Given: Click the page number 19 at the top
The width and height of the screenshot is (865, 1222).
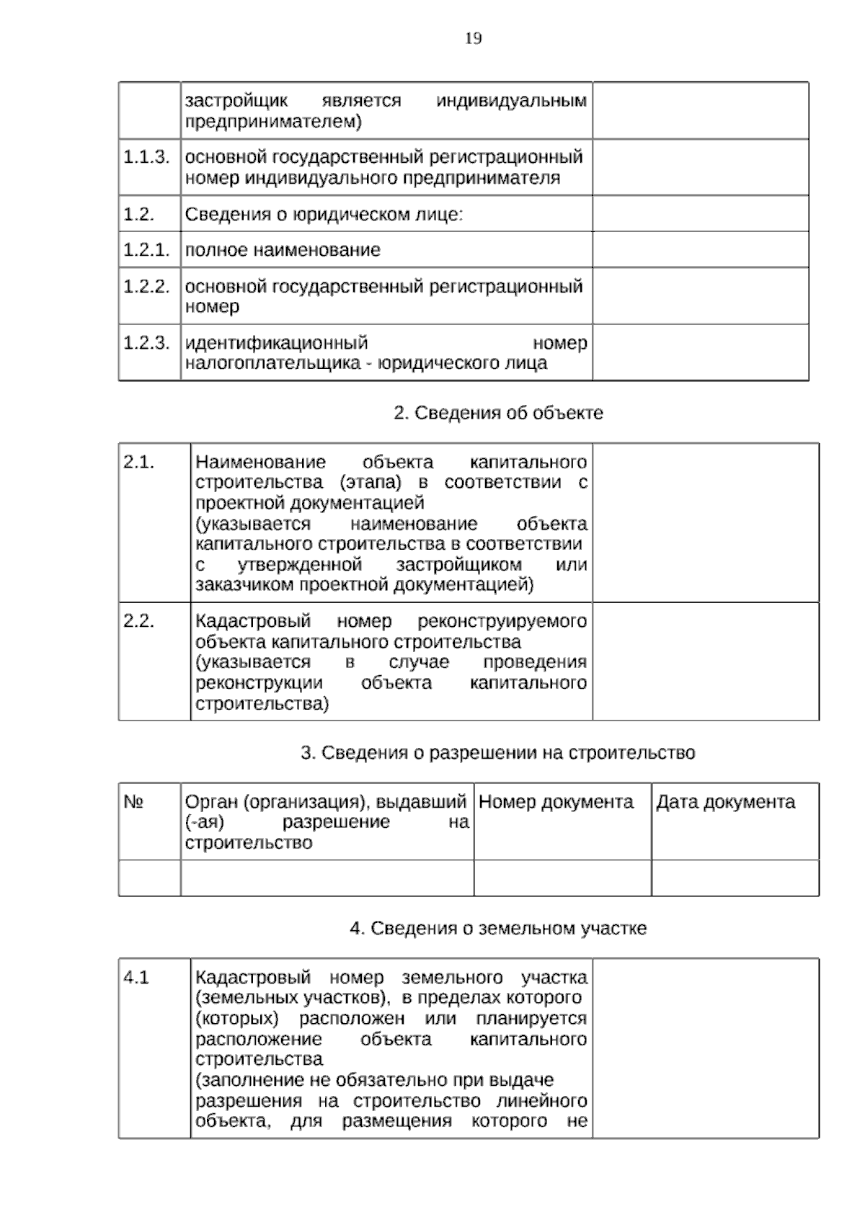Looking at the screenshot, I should (474, 38).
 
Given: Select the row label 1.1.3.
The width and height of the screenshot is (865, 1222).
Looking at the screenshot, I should (146, 156).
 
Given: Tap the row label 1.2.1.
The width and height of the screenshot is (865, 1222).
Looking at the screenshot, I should (146, 250).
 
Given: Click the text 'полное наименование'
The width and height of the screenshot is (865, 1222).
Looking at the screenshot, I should (283, 250).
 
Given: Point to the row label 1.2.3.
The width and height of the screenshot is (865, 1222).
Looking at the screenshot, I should (146, 342).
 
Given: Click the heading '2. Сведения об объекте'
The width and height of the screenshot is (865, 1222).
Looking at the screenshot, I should (498, 413).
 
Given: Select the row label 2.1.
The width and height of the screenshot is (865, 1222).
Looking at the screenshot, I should (138, 462).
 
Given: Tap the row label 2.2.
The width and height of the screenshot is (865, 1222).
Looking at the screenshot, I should (138, 621).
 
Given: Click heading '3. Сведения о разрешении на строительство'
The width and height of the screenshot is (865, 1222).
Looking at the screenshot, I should (497, 753).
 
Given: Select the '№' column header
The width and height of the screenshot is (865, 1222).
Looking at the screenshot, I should (133, 802).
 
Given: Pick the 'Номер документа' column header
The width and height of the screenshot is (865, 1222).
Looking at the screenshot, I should (556, 802).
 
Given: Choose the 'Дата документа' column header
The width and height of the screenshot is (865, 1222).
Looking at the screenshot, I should (725, 802).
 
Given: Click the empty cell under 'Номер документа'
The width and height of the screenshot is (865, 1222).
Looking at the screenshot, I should (562, 878).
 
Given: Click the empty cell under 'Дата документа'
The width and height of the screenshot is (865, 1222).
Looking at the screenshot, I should (735, 878).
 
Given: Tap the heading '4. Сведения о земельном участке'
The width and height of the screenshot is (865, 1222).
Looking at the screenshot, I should (498, 928).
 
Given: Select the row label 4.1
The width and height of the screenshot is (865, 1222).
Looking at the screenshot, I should (136, 978).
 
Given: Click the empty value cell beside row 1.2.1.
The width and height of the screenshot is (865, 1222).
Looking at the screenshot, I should (700, 249).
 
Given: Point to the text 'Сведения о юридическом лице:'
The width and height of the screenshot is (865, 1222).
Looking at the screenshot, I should (324, 214).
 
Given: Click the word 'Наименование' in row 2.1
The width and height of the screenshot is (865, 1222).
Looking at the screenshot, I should (260, 462).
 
